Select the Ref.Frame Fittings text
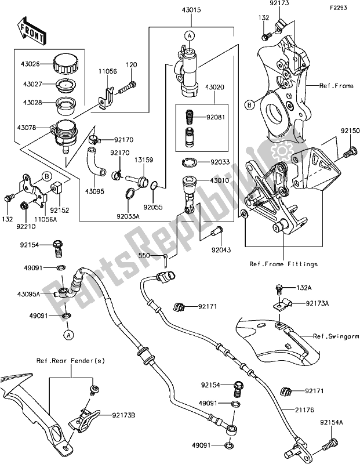(283, 264)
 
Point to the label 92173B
(114, 415)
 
